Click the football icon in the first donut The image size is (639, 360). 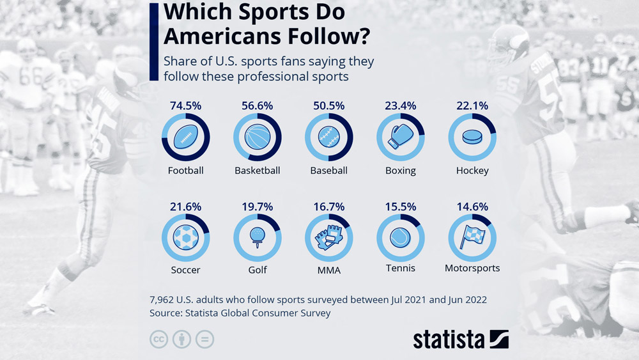186,137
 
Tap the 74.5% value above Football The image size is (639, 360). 186,106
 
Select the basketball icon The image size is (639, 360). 258,137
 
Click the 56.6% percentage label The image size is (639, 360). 258,106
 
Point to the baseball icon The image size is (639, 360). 329,137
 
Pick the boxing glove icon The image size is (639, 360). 401,137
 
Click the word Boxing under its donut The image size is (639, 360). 401,171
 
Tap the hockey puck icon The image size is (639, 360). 472,137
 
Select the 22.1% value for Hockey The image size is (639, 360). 472,106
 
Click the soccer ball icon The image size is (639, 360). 186,237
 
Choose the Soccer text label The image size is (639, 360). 186,270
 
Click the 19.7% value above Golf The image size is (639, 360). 258,207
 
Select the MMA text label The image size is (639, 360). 329,270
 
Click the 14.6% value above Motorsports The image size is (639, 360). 472,207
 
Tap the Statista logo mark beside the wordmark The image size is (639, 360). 499,339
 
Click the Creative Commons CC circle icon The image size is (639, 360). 158,339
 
